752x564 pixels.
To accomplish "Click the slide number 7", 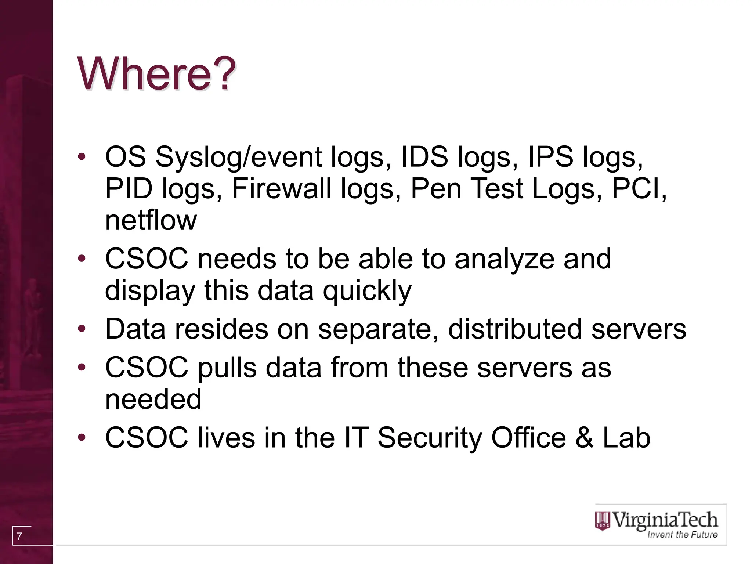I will coord(19,536).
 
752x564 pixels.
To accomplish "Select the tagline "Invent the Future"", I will coord(682,535).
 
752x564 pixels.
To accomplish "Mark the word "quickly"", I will coord(367,291).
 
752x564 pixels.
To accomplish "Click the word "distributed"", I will coord(515,329).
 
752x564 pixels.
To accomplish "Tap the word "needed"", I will coord(153,399).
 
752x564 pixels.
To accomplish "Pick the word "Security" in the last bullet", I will coord(430,438).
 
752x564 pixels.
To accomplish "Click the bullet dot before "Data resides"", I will coord(82,328).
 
